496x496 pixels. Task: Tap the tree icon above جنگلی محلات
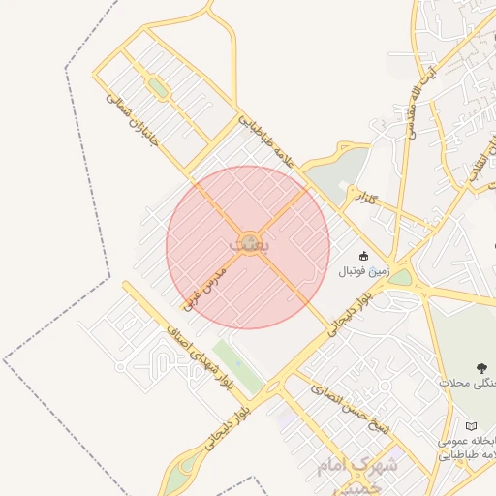(480, 367)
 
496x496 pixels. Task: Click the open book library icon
(472, 426)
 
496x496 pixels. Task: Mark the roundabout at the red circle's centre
(249, 239)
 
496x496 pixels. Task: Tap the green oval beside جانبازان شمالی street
(157, 88)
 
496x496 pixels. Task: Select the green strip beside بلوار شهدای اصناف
(237, 368)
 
